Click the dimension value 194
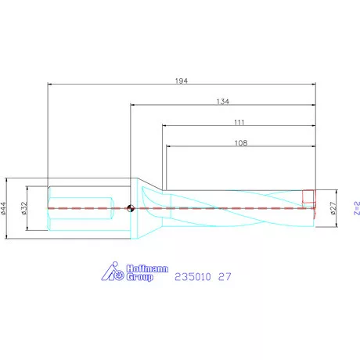coord(183,78)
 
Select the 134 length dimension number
coord(224,100)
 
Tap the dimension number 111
coord(239,122)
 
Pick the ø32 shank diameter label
coord(24,207)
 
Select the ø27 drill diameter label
coord(333,207)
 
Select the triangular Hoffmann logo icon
coord(114,272)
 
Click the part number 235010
coord(193,277)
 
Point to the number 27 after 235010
coord(225,277)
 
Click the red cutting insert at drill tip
coord(308,196)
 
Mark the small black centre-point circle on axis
coord(131,208)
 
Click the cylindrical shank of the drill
coord(86,208)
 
